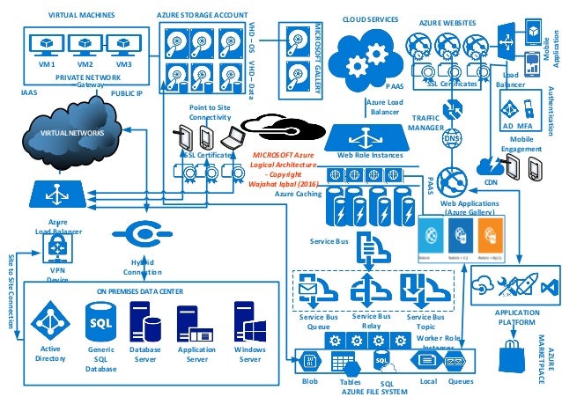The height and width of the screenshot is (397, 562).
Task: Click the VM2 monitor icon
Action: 85,44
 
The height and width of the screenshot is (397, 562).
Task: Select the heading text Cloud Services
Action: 369,19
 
